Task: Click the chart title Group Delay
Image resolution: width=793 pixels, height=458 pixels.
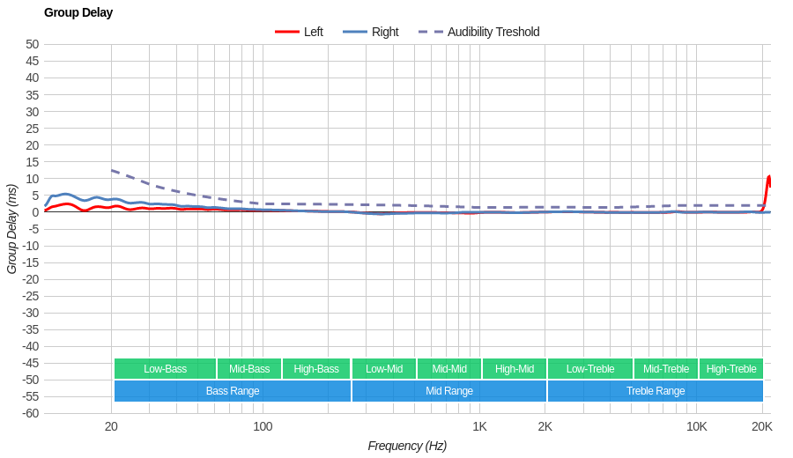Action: (x=78, y=12)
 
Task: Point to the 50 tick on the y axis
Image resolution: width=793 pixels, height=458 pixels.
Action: (x=33, y=44)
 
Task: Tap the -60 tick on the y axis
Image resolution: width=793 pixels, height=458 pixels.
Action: (x=30, y=413)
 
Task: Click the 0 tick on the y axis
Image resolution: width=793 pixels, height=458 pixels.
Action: (x=35, y=211)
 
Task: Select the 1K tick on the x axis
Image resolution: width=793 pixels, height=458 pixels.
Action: (x=479, y=426)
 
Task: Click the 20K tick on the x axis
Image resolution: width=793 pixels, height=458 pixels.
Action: (x=762, y=426)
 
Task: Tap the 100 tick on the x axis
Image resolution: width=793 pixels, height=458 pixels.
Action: (x=263, y=426)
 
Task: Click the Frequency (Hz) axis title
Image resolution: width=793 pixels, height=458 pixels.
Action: (x=407, y=446)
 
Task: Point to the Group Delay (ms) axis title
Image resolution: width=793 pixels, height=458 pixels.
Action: (x=11, y=229)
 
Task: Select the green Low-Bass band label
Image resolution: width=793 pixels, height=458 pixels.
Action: (x=165, y=369)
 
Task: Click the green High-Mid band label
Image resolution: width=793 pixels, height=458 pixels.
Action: (x=515, y=369)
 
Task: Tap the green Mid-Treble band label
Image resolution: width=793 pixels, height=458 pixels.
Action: (x=666, y=369)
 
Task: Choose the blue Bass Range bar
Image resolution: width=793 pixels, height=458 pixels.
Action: (x=233, y=391)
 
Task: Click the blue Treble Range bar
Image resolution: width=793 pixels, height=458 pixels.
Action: (x=656, y=391)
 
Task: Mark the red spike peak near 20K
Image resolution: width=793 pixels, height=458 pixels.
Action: (x=768, y=177)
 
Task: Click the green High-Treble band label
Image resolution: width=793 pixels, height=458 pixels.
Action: (x=731, y=369)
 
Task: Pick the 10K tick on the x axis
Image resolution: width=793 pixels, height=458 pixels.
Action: (x=696, y=426)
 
